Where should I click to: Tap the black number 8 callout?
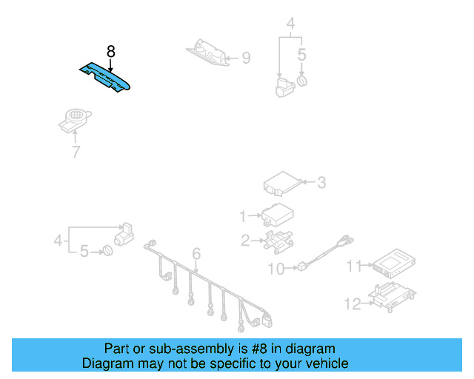[x=110, y=51]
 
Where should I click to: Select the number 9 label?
[x=246, y=57]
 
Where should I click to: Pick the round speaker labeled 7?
[x=75, y=119]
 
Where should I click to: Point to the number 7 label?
[x=76, y=152]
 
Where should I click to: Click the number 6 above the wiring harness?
[x=196, y=255]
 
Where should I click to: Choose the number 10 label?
[x=276, y=269]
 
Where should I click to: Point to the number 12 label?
[x=353, y=303]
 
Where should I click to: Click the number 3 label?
[x=321, y=181]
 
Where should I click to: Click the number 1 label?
[x=242, y=216]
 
